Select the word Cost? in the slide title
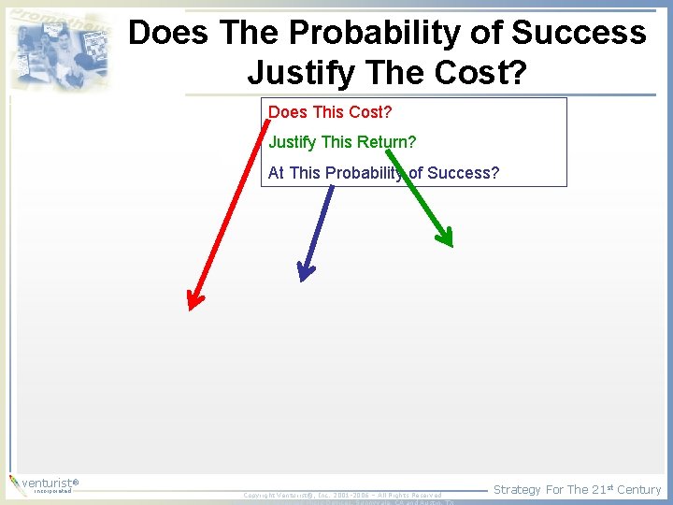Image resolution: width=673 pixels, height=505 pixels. pos(477,71)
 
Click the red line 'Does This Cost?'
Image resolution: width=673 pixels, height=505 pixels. pos(330,112)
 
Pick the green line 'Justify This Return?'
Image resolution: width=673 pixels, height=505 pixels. pos(342,142)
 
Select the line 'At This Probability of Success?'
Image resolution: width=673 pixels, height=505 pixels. pos(383,173)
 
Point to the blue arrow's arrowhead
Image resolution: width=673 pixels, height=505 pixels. pos(304,271)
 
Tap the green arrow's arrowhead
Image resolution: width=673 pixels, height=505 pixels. pos(445,237)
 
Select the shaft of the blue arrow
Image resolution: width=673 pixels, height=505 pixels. pos(318,224)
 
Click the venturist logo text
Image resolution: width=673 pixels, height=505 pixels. pos(47,483)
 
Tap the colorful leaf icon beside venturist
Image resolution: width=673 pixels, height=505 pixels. pos(14,483)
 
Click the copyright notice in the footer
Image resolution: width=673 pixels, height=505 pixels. pos(342,495)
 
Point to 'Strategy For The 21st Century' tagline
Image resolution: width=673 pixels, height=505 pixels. pos(577,489)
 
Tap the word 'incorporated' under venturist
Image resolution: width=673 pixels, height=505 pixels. pos(51,491)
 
